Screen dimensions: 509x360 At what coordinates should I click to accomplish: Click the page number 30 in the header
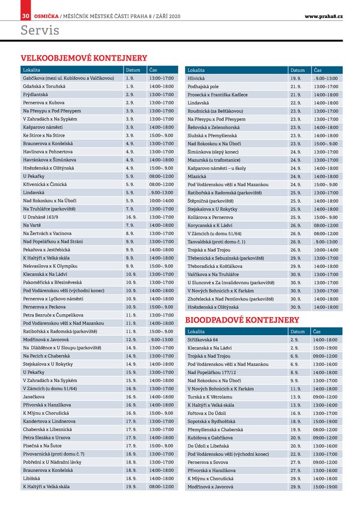click(x=26, y=15)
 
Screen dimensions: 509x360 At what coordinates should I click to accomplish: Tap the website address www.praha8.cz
click(x=323, y=15)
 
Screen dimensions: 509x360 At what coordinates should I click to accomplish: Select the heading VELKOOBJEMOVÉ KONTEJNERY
click(x=84, y=58)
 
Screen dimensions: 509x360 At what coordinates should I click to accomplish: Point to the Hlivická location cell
click(x=199, y=79)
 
